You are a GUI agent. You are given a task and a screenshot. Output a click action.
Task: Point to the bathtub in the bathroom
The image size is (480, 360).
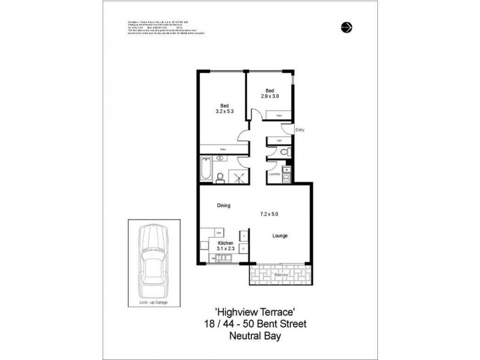pyautogui.click(x=206, y=169)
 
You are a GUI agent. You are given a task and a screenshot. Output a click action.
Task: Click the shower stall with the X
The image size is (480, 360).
pyautogui.click(x=238, y=175)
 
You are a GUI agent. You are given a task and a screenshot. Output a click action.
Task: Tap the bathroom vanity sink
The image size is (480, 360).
pyautogui.click(x=220, y=158)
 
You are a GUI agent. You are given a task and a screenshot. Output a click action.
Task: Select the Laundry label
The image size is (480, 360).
pyautogui.click(x=275, y=175)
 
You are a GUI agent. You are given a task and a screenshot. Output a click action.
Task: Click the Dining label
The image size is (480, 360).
pyautogui.click(x=224, y=206)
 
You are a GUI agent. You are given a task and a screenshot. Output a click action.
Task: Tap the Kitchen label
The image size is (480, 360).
pyautogui.click(x=217, y=244)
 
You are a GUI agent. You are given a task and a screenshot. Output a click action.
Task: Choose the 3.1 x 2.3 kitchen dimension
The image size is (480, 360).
pyautogui.click(x=217, y=250)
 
